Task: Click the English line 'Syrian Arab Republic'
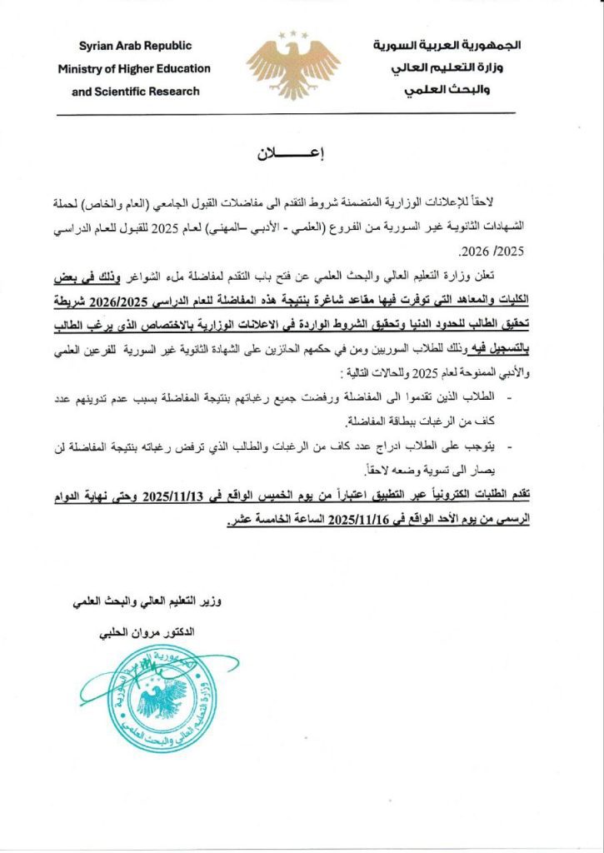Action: (x=135, y=47)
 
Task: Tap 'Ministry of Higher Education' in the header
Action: (x=134, y=69)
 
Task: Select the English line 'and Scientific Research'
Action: (x=136, y=91)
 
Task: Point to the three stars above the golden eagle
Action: (x=293, y=35)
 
